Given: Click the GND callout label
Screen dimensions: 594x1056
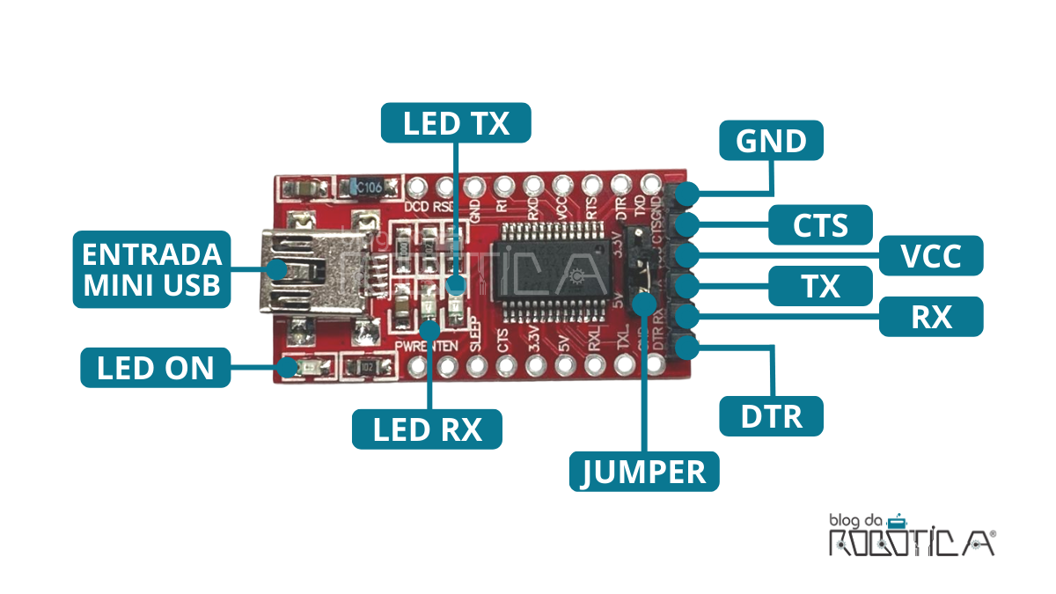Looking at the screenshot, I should [772, 141].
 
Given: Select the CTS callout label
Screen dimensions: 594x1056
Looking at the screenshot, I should [820, 225].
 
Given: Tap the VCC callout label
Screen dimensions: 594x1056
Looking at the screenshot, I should [931, 256].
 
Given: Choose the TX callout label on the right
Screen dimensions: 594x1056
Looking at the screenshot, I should [820, 286].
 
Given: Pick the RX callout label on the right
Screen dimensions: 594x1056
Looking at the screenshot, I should [931, 316].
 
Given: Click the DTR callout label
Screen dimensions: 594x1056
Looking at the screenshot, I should [772, 415].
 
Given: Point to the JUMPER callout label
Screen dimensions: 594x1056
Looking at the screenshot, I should [644, 472].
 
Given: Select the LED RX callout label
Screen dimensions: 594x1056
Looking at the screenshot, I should [428, 429].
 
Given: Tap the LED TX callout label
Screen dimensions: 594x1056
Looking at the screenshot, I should [456, 123].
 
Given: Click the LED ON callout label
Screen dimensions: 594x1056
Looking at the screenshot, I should [155, 367].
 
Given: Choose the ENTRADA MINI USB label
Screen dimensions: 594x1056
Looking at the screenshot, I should [151, 269].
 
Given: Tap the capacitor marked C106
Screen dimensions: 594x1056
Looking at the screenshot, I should [363, 187].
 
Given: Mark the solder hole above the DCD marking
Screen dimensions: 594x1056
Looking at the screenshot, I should [415, 187].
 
